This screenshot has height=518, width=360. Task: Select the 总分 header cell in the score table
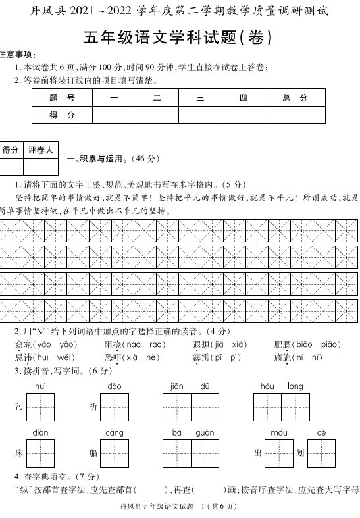click(295, 98)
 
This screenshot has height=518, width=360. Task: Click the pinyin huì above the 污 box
click(40, 386)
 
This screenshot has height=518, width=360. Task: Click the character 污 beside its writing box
click(19, 407)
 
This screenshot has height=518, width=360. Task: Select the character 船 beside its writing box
click(93, 453)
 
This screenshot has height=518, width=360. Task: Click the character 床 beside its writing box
click(19, 453)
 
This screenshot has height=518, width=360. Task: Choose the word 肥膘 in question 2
click(283, 344)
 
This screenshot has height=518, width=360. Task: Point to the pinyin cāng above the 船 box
click(114, 432)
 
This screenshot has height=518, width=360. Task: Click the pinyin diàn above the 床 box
click(40, 432)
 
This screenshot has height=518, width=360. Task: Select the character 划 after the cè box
click(299, 453)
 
